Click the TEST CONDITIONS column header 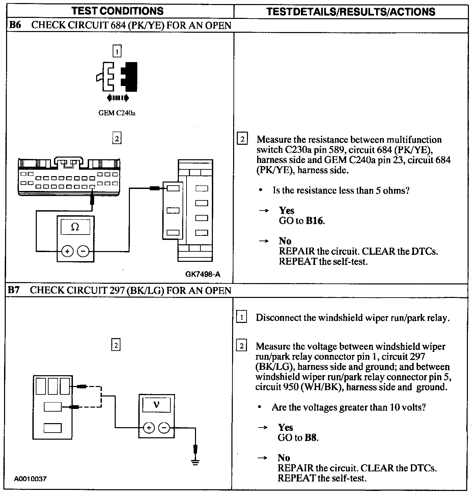point(117,11)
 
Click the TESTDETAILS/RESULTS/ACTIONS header point(351,11)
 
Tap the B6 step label point(15,25)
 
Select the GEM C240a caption point(117,113)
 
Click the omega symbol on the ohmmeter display point(75,227)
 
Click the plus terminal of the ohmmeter point(67,251)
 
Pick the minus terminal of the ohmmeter point(83,251)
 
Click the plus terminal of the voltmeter point(149,428)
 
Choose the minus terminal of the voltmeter point(164,428)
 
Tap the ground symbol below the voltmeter point(195,462)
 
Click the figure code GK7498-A point(202,274)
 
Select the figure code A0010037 point(30,479)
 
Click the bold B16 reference point(315,221)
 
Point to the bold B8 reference point(311,438)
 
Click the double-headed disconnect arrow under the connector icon point(117,98)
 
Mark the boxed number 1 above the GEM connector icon point(117,52)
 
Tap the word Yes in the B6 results point(286,211)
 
